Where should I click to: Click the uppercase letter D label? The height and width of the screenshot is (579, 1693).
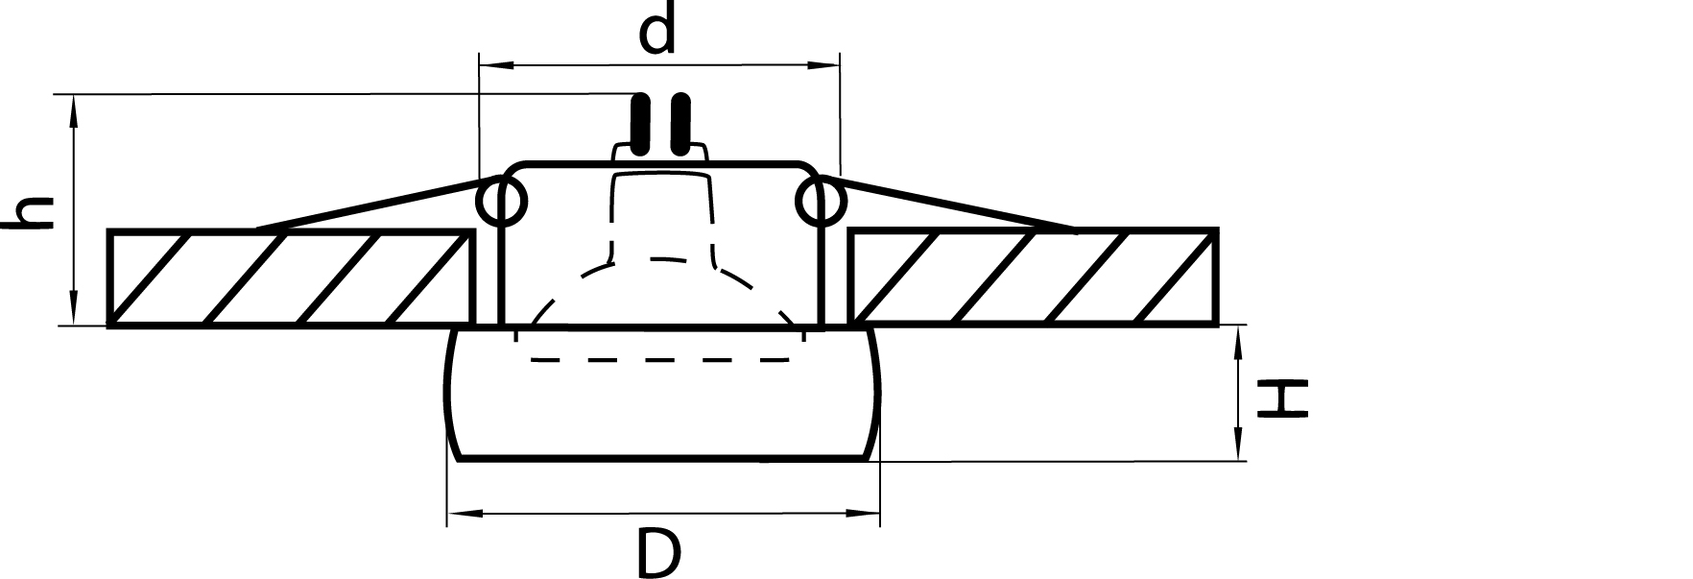[x=658, y=554]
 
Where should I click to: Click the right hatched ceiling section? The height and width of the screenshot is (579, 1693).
[x=1035, y=278]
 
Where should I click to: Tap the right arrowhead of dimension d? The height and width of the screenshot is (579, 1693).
[x=826, y=65]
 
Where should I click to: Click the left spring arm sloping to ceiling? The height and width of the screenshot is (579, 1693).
[x=374, y=204]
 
